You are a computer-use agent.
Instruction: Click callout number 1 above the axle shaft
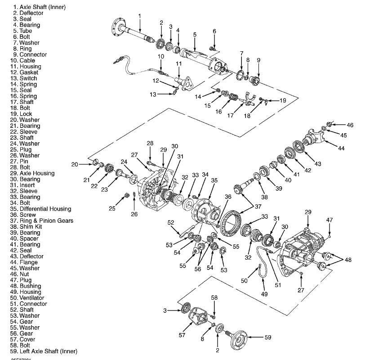pyautogui.click(x=140, y=16)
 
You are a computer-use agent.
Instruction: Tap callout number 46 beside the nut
pyautogui.click(x=350, y=125)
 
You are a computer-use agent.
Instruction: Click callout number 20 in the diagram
pyautogui.click(x=75, y=164)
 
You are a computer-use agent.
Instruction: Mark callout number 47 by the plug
pyautogui.click(x=330, y=220)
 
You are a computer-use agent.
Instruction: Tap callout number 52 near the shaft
pyautogui.click(x=171, y=222)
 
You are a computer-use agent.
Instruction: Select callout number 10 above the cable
pyautogui.click(x=160, y=56)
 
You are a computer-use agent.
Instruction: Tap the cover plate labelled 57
pyautogui.click(x=196, y=317)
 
